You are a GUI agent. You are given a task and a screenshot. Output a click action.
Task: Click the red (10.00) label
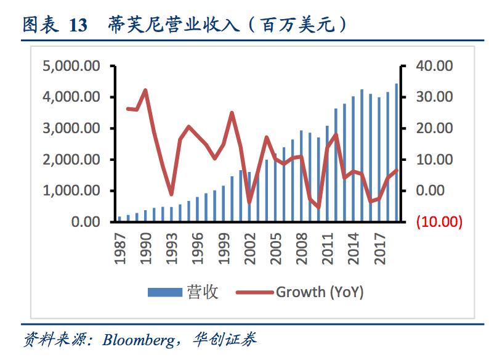pyautogui.click(x=439, y=222)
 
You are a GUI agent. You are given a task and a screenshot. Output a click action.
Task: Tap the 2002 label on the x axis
pyautogui.click(x=249, y=248)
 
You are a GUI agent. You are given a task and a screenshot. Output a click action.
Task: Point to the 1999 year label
pyautogui.click(x=223, y=248)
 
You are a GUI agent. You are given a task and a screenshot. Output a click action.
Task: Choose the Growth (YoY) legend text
pyautogui.click(x=319, y=292)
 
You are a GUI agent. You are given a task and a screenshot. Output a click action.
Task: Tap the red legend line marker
pyautogui.click(x=253, y=292)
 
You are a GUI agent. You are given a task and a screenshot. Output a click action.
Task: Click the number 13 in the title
pyautogui.click(x=78, y=25)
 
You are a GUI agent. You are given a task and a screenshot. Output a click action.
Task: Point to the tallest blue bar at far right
pyautogui.click(x=396, y=152)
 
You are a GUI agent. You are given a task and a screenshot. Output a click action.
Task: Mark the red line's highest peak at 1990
pyautogui.click(x=145, y=90)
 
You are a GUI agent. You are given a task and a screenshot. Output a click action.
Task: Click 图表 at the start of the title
pyautogui.click(x=41, y=25)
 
